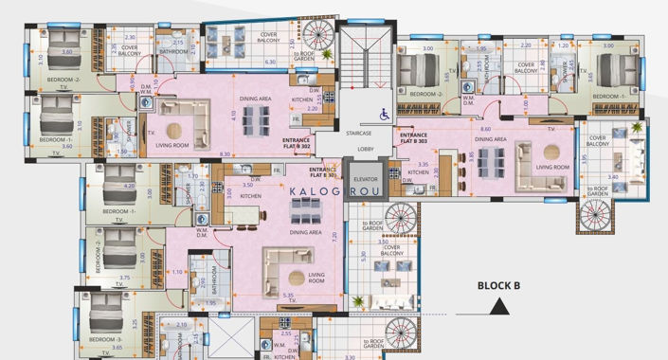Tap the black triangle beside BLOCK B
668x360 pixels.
[499, 307]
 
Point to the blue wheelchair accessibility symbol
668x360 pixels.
[385, 114]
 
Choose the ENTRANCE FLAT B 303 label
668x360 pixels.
[413, 138]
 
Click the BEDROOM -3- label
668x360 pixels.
[106, 339]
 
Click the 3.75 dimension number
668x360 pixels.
[122, 278]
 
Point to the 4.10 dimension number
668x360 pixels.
[233, 115]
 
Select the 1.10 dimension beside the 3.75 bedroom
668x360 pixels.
[179, 272]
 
